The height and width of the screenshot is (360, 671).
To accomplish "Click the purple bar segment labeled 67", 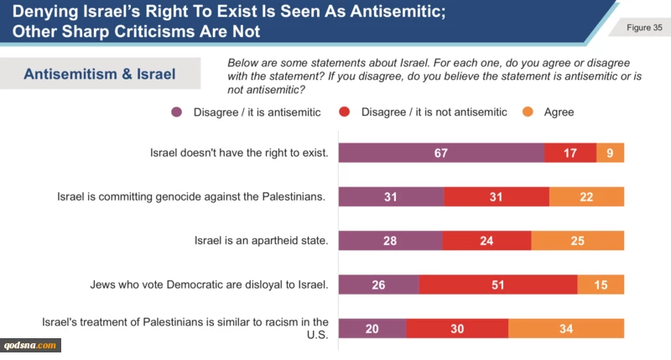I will pos(441,153).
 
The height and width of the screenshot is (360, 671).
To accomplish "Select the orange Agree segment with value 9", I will pos(610,153).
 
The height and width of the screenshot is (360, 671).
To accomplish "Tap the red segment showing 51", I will pos(498,284).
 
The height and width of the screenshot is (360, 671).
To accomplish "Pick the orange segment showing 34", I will pos(566,328).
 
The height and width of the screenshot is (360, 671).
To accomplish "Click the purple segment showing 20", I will pos(372,328).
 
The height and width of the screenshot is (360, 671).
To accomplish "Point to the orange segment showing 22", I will pos(586,196).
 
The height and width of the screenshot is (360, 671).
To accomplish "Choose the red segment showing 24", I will pos(486,241).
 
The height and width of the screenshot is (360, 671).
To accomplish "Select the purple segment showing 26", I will pos(378,284).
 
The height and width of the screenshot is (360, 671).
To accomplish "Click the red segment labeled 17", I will pos(570,153).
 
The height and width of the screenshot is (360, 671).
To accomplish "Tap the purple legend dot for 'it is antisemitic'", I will pos(177,112).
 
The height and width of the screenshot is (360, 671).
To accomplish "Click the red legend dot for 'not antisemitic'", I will pos(345,112).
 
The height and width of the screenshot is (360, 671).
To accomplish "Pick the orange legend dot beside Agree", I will pos(528,112).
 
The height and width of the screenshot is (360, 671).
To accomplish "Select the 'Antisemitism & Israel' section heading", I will pos(100,74).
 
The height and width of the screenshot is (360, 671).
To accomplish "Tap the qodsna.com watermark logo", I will pos(32,345).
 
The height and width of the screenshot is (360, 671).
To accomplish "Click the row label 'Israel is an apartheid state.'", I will pos(260,241).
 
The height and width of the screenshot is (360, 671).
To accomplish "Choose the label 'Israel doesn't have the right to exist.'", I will pos(237,153).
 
